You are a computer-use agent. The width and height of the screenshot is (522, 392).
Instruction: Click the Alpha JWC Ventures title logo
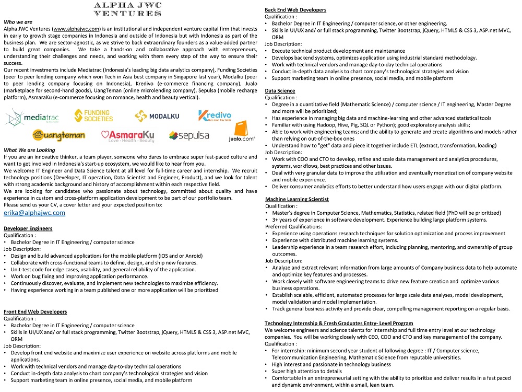127,9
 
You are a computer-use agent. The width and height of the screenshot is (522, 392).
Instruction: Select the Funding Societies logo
94,116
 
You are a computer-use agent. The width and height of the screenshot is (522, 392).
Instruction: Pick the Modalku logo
157,116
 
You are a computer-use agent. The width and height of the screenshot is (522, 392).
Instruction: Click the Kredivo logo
215,116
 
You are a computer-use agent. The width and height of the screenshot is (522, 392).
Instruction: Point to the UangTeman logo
58,135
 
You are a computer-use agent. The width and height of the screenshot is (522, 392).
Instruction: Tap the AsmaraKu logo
128,136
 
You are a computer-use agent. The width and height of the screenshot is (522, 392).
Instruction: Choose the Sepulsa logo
189,136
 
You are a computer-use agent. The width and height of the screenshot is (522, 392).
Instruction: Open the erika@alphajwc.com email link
34,213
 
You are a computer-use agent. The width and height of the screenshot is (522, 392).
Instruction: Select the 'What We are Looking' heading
29,150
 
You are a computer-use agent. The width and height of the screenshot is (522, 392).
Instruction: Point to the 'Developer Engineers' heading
28,228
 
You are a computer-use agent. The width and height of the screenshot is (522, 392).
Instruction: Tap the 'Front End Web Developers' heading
35,312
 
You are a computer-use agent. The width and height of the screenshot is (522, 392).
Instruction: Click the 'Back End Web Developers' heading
295,10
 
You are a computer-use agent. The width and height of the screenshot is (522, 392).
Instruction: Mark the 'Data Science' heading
280,91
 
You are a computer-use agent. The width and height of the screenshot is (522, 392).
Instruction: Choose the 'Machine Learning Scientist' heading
296,199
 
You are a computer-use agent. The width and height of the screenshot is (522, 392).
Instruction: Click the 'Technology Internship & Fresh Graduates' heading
339,323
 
